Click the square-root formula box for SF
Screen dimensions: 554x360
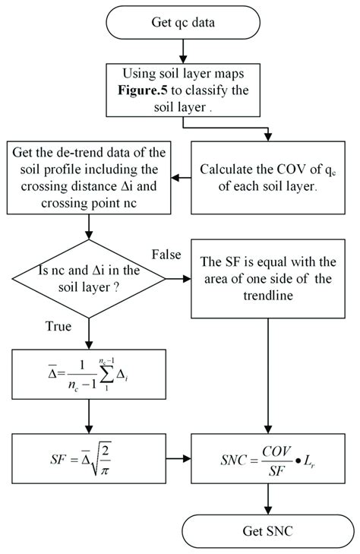(90, 461)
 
